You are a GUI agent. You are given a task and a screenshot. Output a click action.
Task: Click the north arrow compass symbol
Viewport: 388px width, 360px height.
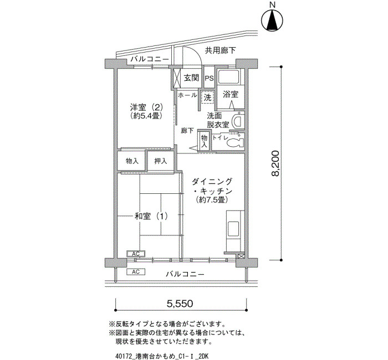pyautogui.click(x=272, y=20)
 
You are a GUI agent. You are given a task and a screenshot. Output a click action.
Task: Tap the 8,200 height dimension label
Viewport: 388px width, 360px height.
pyautogui.click(x=275, y=163)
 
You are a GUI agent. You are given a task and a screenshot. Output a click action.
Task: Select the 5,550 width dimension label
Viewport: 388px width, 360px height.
pyautogui.click(x=180, y=303)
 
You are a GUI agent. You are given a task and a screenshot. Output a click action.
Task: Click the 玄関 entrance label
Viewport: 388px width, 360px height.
pyautogui.click(x=191, y=78)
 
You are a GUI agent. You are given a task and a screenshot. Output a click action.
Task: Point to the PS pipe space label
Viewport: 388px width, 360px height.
pyautogui.click(x=209, y=79)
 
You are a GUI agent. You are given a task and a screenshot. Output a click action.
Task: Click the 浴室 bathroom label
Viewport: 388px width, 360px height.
pyautogui.click(x=231, y=94)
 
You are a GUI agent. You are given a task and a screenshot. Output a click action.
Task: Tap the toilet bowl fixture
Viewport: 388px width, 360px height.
pyautogui.click(x=235, y=143)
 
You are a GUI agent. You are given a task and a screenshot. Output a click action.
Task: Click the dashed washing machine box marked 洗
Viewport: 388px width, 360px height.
pyautogui.click(x=207, y=97)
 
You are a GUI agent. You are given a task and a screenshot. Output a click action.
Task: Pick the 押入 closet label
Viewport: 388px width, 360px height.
pyautogui.click(x=161, y=161)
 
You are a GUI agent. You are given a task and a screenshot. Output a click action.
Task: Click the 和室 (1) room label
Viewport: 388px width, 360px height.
pyautogui.click(x=151, y=217)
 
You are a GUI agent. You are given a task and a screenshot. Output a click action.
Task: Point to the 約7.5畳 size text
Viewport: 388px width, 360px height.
pyautogui.click(x=211, y=200)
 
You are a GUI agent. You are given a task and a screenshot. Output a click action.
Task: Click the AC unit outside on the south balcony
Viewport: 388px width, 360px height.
pyautogui.click(x=136, y=272)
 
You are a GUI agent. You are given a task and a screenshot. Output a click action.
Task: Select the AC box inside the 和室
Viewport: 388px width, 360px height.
pyautogui.click(x=136, y=254)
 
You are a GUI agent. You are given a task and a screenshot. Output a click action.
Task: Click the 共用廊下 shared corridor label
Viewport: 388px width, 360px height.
pyautogui.click(x=220, y=51)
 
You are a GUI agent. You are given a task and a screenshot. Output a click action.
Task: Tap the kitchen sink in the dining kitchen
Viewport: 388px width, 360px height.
pyautogui.click(x=233, y=229)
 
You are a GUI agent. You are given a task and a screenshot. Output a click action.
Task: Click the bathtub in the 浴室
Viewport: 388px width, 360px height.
pyautogui.click(x=228, y=77)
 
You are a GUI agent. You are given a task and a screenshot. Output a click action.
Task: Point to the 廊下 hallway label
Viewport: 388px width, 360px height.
pyautogui.click(x=187, y=131)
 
